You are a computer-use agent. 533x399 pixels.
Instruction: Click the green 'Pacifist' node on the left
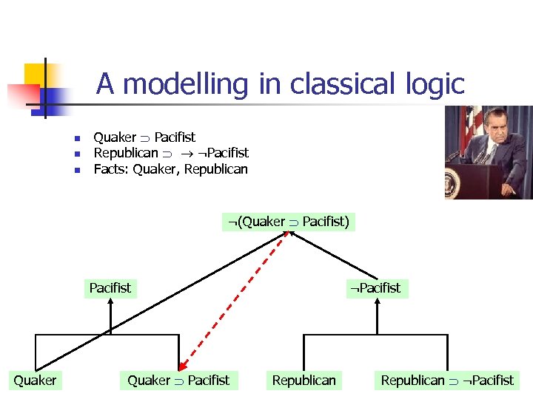tap(110, 288)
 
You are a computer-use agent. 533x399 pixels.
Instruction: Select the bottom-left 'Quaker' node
tap(35, 381)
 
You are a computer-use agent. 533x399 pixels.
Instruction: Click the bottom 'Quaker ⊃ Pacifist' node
tap(178, 381)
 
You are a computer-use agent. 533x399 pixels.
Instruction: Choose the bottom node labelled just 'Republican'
tap(304, 381)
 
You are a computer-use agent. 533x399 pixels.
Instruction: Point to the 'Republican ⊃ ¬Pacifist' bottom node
tap(446, 381)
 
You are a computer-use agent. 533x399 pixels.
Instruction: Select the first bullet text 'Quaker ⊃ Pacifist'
tap(144, 137)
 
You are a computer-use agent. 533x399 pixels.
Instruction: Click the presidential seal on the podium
tap(453, 180)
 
